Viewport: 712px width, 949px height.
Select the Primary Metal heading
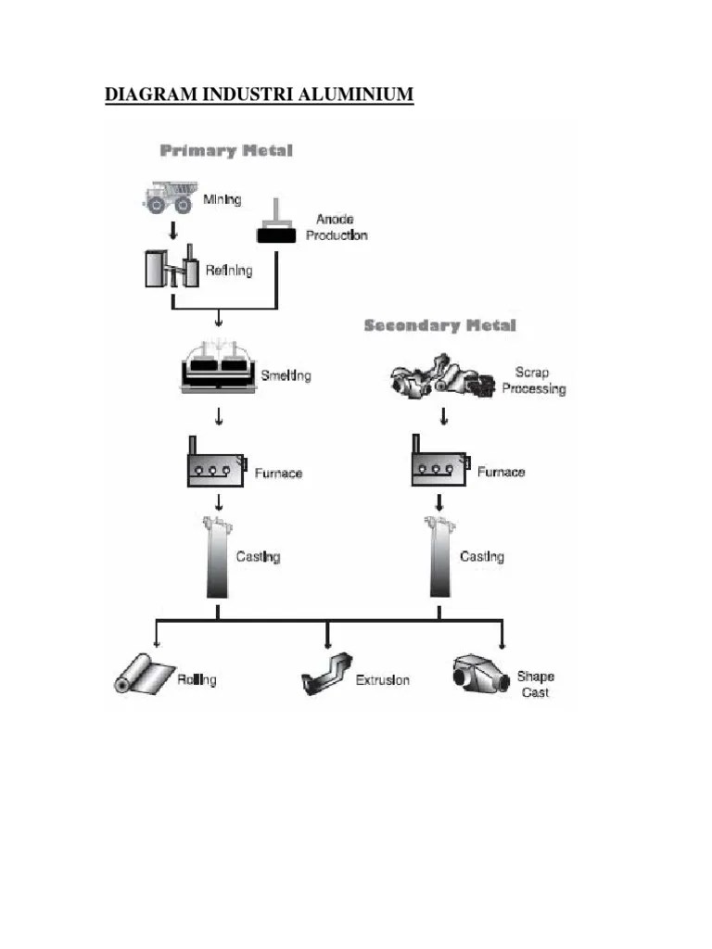[x=226, y=150]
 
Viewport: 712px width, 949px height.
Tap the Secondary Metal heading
[x=439, y=325]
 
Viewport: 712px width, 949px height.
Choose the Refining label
[x=229, y=271]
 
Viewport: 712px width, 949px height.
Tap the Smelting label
[x=286, y=375]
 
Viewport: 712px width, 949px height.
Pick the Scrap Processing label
[x=533, y=381]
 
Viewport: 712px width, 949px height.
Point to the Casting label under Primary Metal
[x=258, y=557]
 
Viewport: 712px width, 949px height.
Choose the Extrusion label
[x=383, y=680]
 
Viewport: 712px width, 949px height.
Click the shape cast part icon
[x=480, y=674]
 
